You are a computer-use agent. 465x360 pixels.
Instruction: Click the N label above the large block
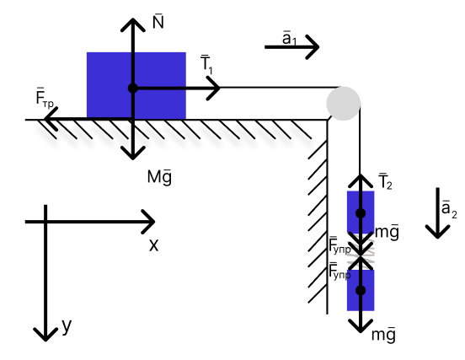(x=158, y=21)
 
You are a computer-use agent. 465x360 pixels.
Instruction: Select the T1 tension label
(x=206, y=65)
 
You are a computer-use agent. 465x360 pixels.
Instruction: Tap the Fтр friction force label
(x=45, y=97)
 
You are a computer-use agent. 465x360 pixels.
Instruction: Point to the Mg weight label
(x=159, y=177)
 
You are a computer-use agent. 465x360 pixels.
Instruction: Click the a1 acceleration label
(x=289, y=38)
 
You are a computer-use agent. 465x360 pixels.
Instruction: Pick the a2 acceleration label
(x=449, y=209)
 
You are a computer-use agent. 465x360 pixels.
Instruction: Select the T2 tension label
(x=386, y=181)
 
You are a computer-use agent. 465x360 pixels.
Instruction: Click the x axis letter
(x=153, y=245)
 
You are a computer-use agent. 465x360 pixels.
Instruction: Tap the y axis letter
(x=67, y=326)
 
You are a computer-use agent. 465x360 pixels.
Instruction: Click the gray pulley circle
(x=344, y=104)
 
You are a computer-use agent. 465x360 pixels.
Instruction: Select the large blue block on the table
(x=136, y=86)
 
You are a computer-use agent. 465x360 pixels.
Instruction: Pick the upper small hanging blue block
(x=361, y=212)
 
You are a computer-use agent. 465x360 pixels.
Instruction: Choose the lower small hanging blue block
(x=361, y=290)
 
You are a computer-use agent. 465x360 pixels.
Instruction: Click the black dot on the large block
(x=132, y=89)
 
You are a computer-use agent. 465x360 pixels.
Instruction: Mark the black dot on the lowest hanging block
(x=361, y=291)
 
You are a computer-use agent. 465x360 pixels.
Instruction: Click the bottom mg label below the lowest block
(x=383, y=335)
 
